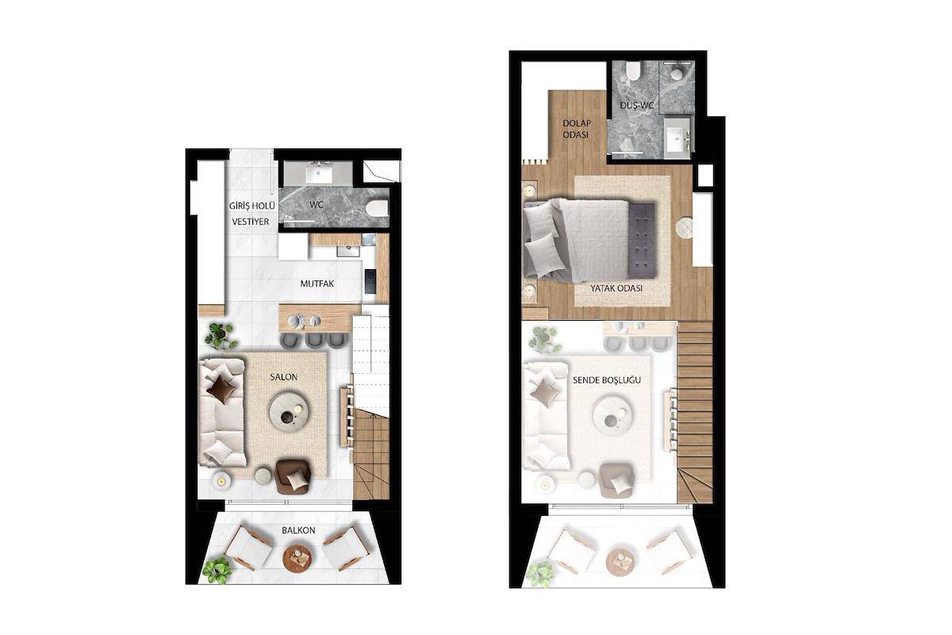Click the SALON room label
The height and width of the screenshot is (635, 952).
pyautogui.click(x=283, y=377)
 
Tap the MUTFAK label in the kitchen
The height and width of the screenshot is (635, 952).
pyautogui.click(x=317, y=283)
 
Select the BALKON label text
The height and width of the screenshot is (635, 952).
pyautogui.click(x=298, y=530)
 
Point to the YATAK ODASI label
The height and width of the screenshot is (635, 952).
pyautogui.click(x=616, y=288)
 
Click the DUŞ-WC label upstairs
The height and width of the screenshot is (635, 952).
pyautogui.click(x=636, y=105)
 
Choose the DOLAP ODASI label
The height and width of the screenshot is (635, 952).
pyautogui.click(x=577, y=129)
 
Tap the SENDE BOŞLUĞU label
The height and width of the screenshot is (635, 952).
pyautogui.click(x=606, y=380)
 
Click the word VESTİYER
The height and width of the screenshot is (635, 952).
pyautogui.click(x=251, y=221)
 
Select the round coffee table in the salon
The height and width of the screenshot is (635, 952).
pyautogui.click(x=289, y=412)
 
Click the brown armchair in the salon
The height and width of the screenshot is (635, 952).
pyautogui.click(x=293, y=476)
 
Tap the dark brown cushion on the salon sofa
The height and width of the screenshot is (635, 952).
pyautogui.click(x=221, y=388)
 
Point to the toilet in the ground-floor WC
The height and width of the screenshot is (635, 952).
pyautogui.click(x=377, y=209)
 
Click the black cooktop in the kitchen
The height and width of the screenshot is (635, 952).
pyautogui.click(x=370, y=281)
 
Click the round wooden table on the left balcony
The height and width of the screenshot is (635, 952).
pyautogui.click(x=297, y=559)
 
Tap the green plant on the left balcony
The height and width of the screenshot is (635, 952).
pyautogui.click(x=217, y=570)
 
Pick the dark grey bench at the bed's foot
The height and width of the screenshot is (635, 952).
pyautogui.click(x=642, y=241)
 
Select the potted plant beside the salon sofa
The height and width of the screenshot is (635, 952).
pyautogui.click(x=220, y=336)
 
